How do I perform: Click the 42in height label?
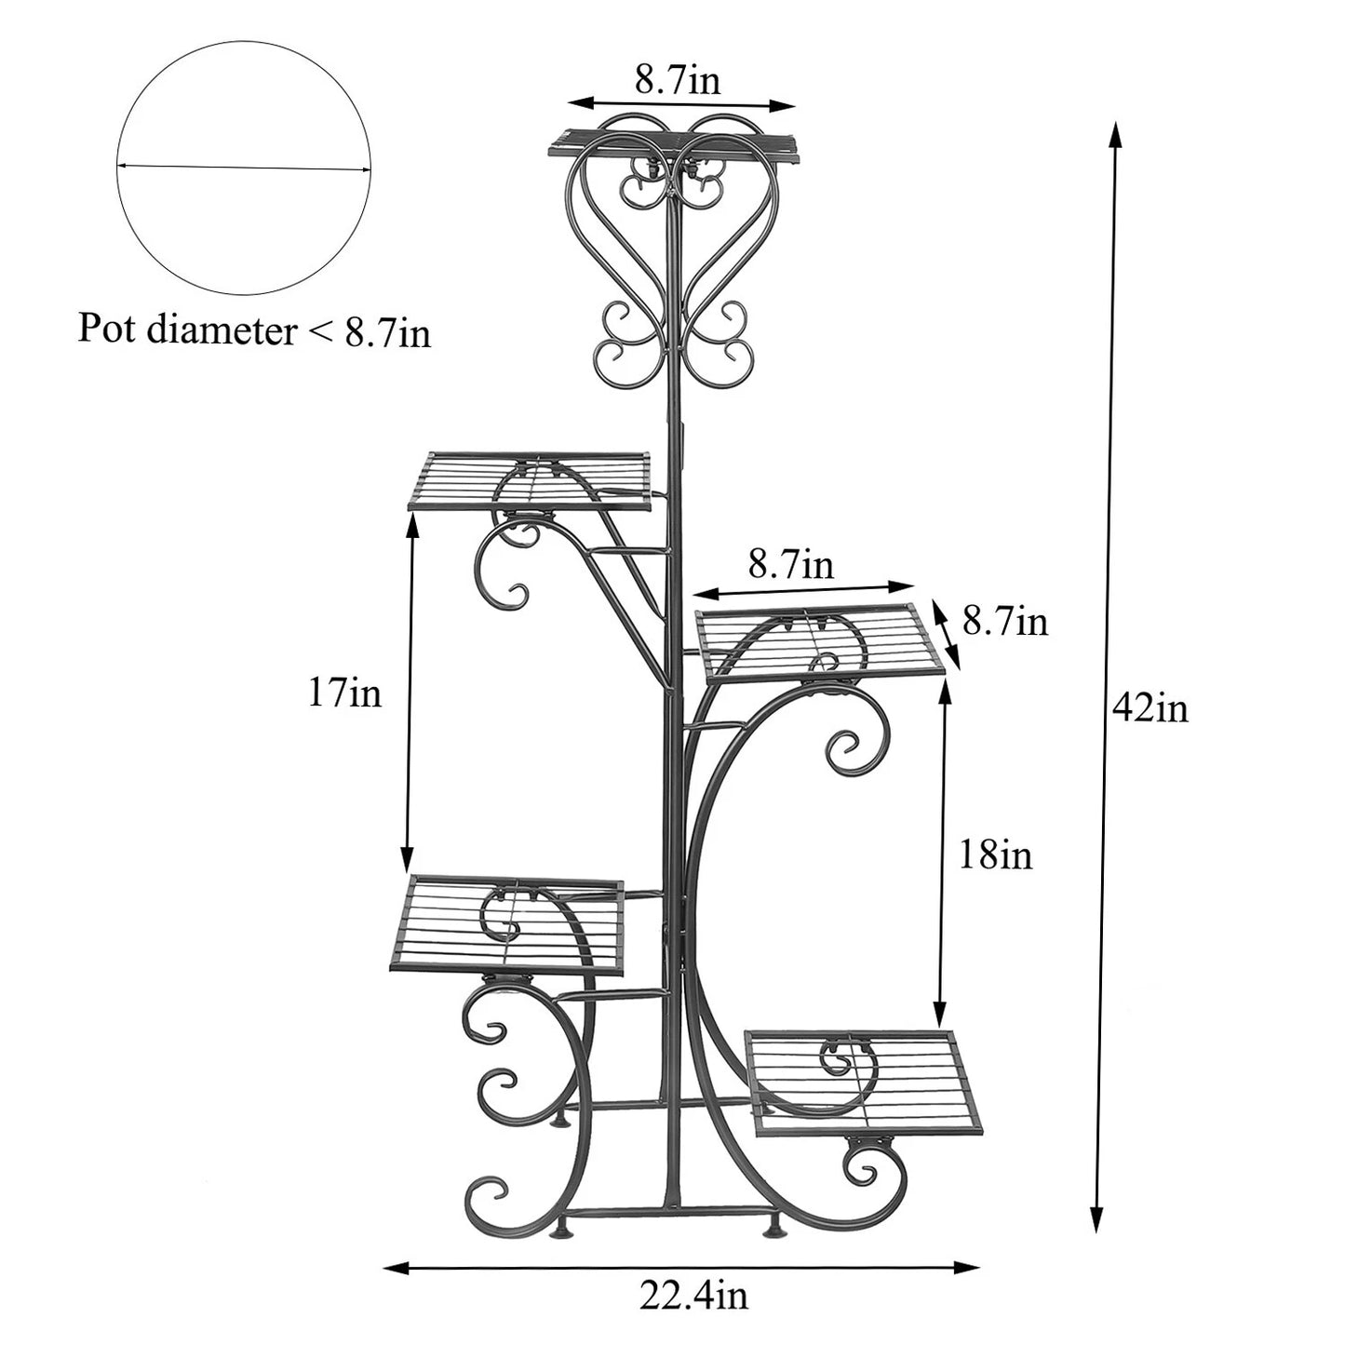click(1150, 709)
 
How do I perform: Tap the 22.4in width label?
click(693, 1295)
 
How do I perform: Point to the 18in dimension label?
click(995, 854)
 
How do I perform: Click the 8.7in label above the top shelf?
click(678, 80)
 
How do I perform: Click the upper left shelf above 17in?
click(529, 481)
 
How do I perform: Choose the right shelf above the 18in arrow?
click(819, 641)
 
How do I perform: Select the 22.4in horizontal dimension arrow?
click(681, 1266)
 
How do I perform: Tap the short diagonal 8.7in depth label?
click(1005, 622)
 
